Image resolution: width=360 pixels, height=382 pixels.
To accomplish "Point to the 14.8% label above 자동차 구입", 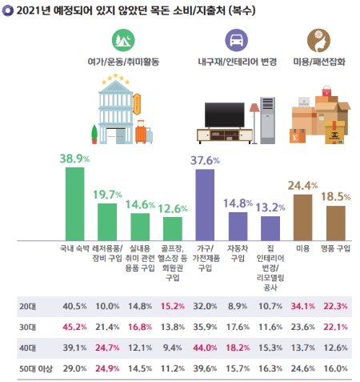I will [x=238, y=203].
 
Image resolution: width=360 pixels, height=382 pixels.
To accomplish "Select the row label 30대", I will [x=27, y=327].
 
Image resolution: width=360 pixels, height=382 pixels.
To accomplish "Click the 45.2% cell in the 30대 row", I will [x=73, y=327].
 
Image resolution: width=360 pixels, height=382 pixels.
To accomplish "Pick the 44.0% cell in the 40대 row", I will [x=204, y=346].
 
